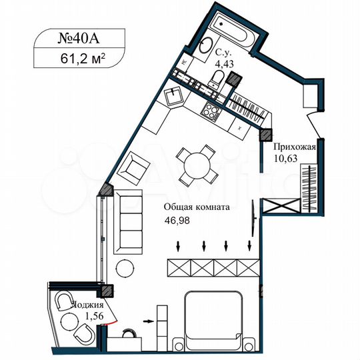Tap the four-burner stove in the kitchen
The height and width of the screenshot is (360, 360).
tap(212, 111)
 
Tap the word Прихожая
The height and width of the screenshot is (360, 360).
tap(291, 146)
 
